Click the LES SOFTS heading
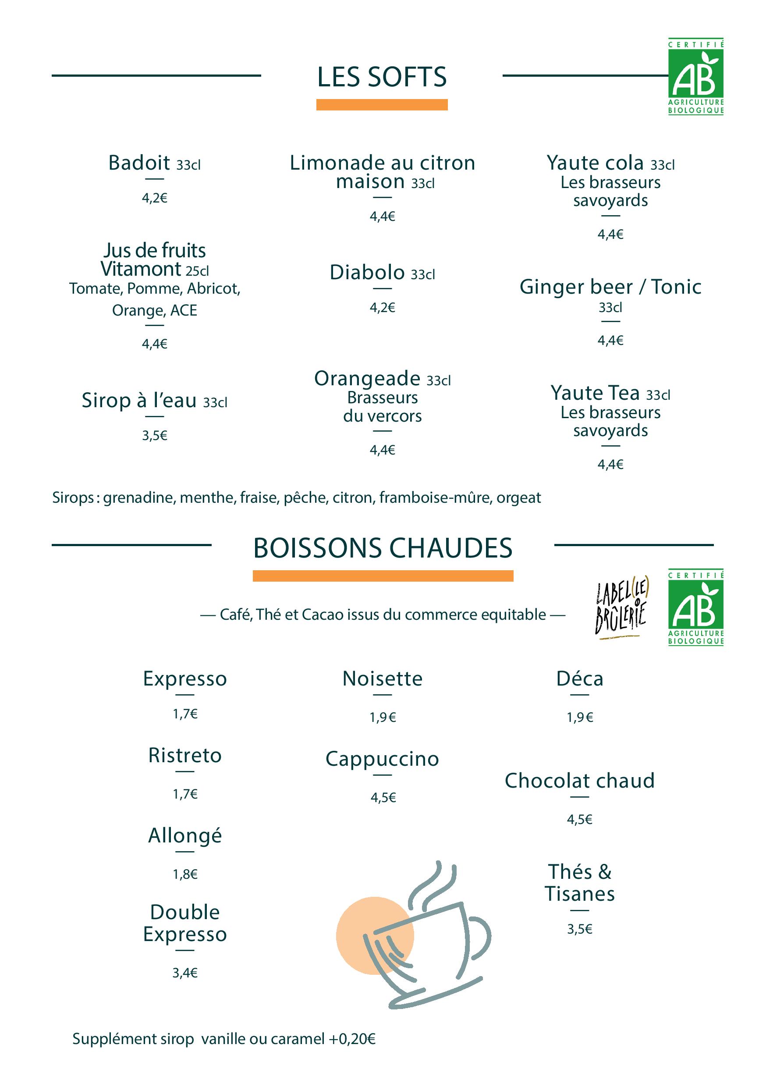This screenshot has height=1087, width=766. (x=382, y=77)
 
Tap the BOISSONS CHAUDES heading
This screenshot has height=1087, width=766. (x=383, y=548)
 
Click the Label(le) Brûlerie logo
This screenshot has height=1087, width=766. (x=621, y=607)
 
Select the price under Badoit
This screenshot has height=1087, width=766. (x=154, y=198)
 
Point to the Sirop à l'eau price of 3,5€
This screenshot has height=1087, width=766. (x=154, y=436)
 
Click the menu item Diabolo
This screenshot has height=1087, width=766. (x=367, y=272)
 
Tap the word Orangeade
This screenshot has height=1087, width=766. (x=367, y=378)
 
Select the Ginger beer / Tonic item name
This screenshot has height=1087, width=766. (x=610, y=287)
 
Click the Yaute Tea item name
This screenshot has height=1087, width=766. (x=595, y=393)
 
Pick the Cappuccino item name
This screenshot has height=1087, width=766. (x=382, y=759)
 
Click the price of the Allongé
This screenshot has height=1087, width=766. (x=185, y=874)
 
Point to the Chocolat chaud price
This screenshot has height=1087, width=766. (x=579, y=819)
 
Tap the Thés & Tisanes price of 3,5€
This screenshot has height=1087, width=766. (x=579, y=929)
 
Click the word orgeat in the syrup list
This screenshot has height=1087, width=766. (x=518, y=497)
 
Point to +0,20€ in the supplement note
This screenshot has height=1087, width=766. (x=352, y=1039)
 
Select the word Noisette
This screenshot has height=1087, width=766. (x=382, y=679)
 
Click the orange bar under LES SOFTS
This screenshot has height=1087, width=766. (x=382, y=105)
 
